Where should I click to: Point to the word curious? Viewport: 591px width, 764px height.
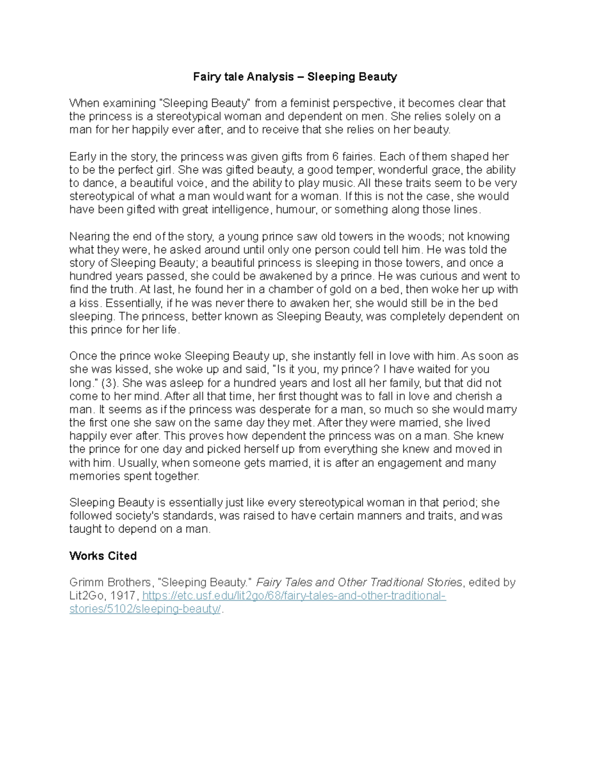tap(437, 276)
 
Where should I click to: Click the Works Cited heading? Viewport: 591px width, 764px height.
tap(103, 556)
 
